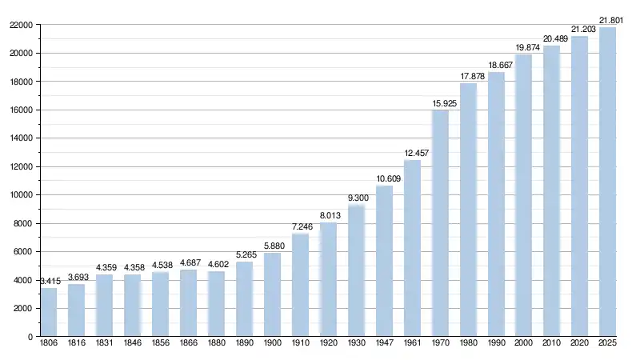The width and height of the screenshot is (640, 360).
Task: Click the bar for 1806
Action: (49, 312)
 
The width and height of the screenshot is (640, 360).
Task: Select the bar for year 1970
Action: (440, 223)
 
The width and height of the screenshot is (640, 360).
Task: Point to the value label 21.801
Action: (610, 19)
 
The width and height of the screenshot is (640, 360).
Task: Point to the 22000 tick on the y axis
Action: (21, 25)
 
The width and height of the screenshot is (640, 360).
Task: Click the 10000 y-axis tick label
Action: (21, 195)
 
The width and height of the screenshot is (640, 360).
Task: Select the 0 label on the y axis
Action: (30, 337)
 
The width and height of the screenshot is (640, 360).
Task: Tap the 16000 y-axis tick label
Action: (21, 110)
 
